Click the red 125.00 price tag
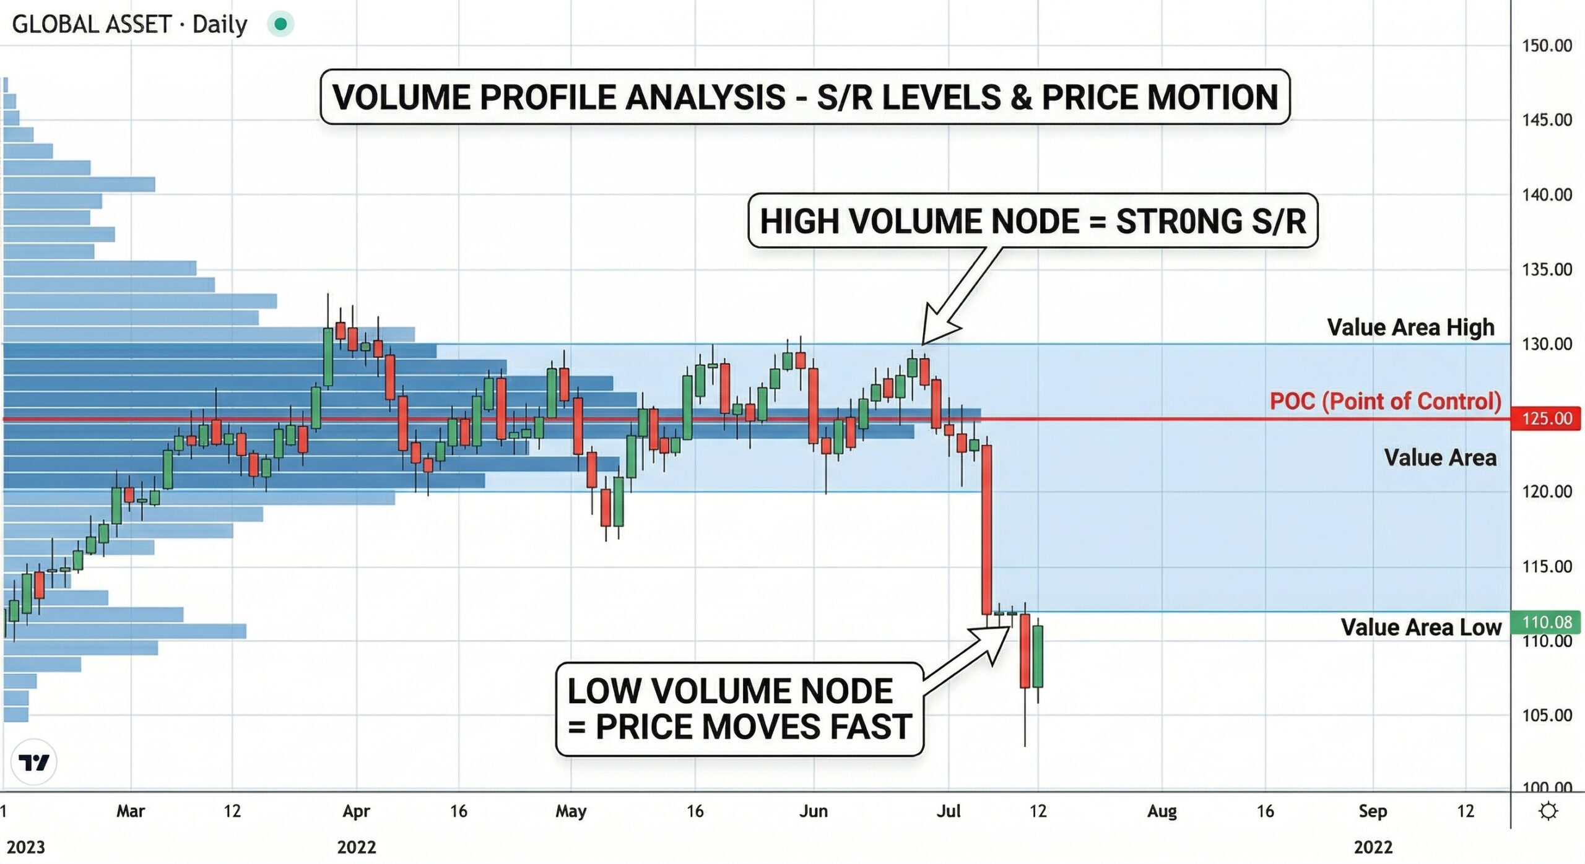(1545, 418)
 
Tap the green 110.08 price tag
(1545, 621)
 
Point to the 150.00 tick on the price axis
(1546, 45)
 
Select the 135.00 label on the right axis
(1546, 269)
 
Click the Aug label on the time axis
(1162, 811)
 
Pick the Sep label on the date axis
(1372, 811)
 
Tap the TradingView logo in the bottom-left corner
(33, 762)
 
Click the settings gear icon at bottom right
(1548, 811)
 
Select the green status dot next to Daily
(280, 24)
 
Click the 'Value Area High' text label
(1410, 327)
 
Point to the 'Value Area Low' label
(1420, 627)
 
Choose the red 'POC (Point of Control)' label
(1385, 401)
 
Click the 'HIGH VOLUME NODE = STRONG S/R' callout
(1032, 221)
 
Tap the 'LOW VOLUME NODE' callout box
(739, 709)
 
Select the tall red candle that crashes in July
(987, 529)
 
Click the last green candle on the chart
(1038, 656)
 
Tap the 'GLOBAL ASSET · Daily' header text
(129, 24)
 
